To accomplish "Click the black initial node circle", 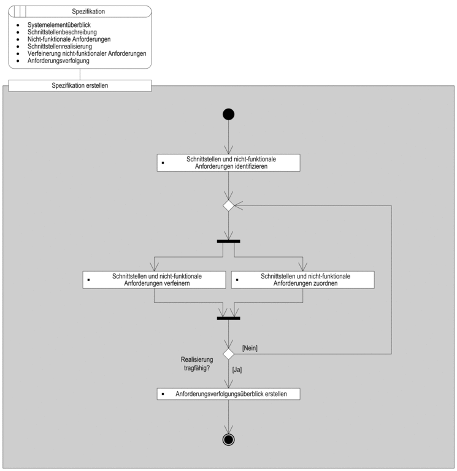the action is pyautogui.click(x=228, y=115).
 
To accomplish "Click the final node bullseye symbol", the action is pyautogui.click(x=228, y=440).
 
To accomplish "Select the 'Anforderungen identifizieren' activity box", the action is pyautogui.click(x=228, y=163).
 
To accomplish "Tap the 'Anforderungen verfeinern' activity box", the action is pyautogui.click(x=154, y=280).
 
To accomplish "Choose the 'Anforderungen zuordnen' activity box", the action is pyautogui.click(x=303, y=280).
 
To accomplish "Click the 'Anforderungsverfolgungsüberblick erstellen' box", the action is pyautogui.click(x=228, y=394).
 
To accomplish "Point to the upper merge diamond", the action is pyautogui.click(x=228, y=206).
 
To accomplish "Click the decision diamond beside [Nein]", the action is pyautogui.click(x=228, y=354).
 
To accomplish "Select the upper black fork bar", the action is pyautogui.click(x=228, y=241).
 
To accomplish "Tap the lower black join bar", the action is pyautogui.click(x=228, y=318).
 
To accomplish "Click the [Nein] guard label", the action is pyautogui.click(x=250, y=348).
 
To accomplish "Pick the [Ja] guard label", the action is pyautogui.click(x=237, y=370).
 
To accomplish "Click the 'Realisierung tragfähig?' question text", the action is pyautogui.click(x=197, y=364).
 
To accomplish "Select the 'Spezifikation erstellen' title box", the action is pyautogui.click(x=80, y=86).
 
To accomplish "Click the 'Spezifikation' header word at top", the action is pyautogui.click(x=88, y=12).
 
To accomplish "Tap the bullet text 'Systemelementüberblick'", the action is pyautogui.click(x=59, y=25).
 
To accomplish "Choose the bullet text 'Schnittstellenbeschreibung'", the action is pyautogui.click(x=62, y=32).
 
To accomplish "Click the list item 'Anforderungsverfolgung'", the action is pyautogui.click(x=58, y=61).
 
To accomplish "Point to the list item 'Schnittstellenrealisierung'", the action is pyautogui.click(x=60, y=46).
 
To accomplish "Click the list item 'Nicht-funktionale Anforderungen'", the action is pyautogui.click(x=69, y=39).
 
